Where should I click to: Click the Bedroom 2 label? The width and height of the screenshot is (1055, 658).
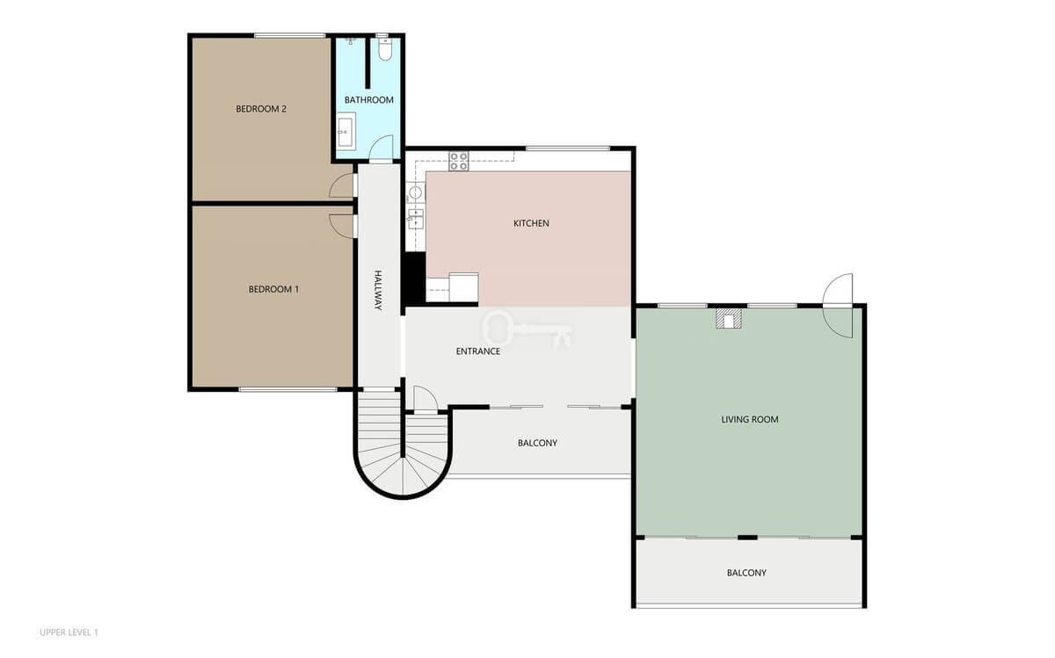tap(261, 109)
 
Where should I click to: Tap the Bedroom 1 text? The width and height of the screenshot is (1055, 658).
tap(273, 289)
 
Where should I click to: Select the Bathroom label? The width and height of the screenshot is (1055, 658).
tap(368, 100)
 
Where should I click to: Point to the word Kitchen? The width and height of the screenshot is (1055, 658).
tap(531, 223)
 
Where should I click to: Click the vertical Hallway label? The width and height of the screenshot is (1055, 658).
tap(378, 290)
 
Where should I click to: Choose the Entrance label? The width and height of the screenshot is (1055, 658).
tap(478, 351)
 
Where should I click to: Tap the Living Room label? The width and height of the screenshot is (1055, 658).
tap(750, 419)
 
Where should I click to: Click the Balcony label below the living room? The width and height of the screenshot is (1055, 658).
tap(746, 573)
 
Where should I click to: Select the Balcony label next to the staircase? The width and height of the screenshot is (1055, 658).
tap(537, 443)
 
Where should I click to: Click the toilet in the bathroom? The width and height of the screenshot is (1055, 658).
tap(385, 48)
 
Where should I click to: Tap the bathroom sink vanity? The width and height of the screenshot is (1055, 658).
tap(346, 134)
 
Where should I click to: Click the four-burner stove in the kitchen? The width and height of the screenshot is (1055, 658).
tap(458, 161)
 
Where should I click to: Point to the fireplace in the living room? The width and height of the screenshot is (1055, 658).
tap(729, 319)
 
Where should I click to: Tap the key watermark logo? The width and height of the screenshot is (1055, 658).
tap(527, 328)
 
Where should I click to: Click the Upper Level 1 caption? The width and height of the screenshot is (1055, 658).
tap(69, 633)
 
